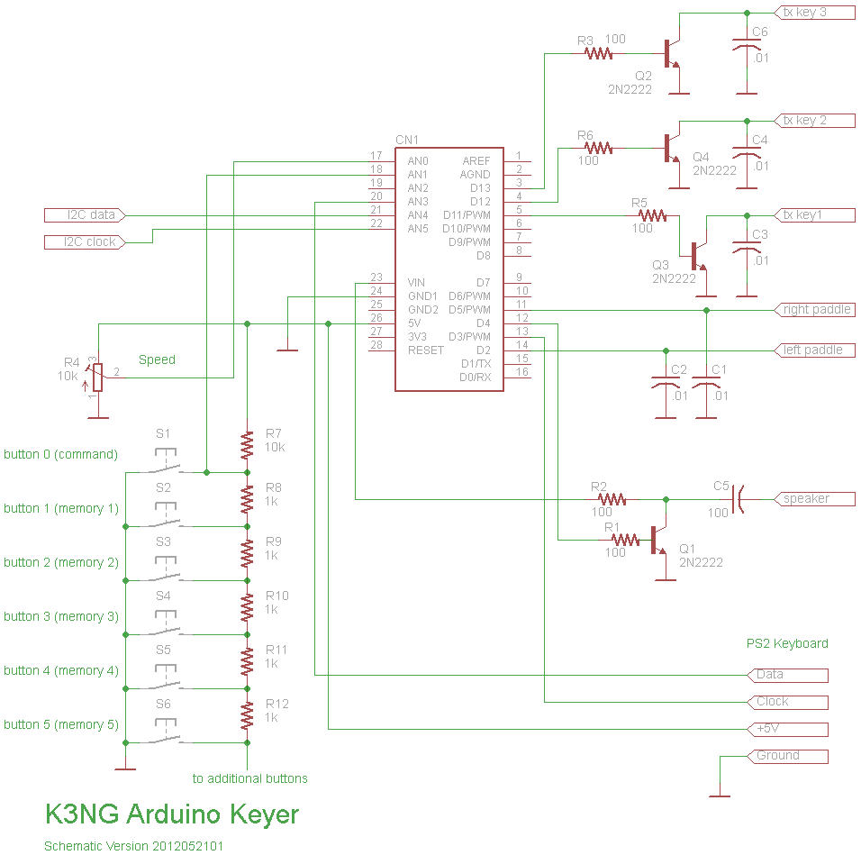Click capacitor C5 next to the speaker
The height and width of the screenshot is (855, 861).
point(737,498)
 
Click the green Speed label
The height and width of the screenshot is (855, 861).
point(157,359)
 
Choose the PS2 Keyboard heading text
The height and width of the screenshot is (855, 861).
point(786,643)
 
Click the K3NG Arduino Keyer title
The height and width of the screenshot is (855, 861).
point(172,814)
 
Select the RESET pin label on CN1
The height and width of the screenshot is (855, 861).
point(425,350)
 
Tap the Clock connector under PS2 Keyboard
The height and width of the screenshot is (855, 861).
point(786,701)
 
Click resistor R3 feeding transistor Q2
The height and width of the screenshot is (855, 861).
point(599,53)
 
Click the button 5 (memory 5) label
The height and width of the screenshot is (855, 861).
point(61,724)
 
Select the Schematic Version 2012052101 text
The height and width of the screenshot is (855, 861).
point(134,846)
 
